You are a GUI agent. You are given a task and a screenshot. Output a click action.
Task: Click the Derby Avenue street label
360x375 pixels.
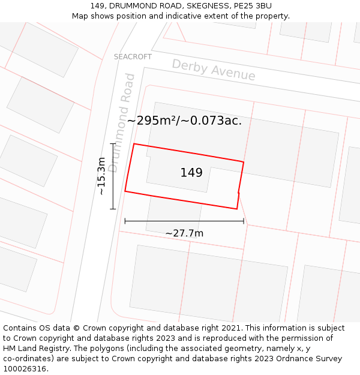coord(214,70)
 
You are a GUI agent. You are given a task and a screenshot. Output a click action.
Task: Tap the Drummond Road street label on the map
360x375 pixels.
coord(122,122)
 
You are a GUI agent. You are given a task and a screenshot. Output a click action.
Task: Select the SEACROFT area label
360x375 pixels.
coord(133,57)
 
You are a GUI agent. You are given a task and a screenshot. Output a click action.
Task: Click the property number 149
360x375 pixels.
coord(191,173)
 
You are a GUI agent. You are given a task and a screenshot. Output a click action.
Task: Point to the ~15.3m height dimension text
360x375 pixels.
coord(101,176)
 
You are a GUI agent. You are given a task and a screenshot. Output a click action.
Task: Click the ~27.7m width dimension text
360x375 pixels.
coord(184,233)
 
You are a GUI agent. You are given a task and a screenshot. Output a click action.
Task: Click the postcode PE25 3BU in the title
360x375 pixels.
coord(251,6)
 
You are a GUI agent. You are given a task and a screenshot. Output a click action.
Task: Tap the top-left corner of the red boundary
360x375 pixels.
coord(134,144)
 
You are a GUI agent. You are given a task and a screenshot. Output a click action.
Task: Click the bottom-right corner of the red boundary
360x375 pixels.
coord(237,209)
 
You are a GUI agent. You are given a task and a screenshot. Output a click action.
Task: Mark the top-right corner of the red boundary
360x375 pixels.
coord(244,162)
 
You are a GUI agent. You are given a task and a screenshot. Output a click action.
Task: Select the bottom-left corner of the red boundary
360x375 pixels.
coord(125,191)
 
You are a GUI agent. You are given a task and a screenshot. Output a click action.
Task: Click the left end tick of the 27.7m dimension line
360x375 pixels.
coord(125,221)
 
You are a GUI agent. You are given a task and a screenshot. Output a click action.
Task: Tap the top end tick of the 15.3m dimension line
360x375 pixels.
coord(112,144)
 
